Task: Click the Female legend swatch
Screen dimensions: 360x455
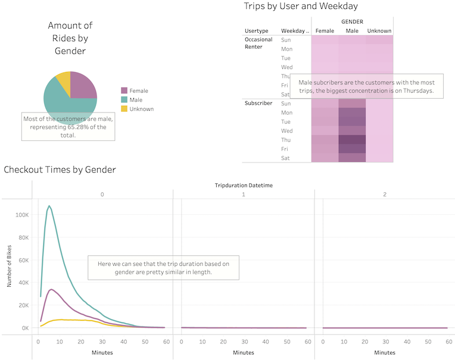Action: [124, 91]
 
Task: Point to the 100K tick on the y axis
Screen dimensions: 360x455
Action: [22, 214]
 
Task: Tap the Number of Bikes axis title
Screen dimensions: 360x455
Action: [10, 265]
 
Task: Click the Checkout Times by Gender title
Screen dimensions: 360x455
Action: [60, 170]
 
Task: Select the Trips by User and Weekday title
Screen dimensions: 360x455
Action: [301, 6]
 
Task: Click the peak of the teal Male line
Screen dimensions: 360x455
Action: [49, 206]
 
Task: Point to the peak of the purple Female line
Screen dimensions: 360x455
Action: [52, 289]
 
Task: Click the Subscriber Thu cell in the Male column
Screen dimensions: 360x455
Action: [352, 140]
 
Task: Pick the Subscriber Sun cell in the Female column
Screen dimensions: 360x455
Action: [325, 104]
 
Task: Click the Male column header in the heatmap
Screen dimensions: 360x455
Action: [352, 30]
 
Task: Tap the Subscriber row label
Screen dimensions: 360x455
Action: [258, 104]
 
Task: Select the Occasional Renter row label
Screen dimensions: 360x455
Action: [258, 43]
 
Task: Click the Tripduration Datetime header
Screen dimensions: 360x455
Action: [244, 185]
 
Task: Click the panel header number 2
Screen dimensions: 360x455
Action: [385, 195]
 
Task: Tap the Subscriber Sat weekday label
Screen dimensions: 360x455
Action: [285, 158]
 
